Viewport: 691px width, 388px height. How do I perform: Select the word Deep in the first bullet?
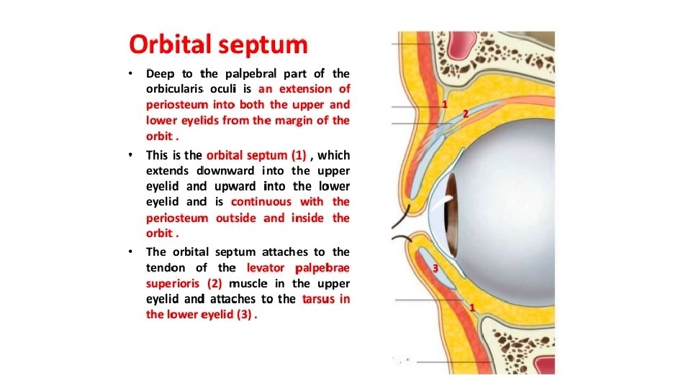pos(161,73)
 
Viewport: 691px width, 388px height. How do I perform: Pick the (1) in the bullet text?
pos(297,154)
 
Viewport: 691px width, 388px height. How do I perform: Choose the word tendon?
pos(166,268)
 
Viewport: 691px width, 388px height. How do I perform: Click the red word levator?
pos(266,268)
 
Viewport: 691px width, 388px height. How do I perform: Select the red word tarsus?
pos(317,299)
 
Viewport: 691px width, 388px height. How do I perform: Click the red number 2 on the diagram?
pos(465,114)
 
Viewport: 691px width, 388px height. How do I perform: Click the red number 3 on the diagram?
pos(435,269)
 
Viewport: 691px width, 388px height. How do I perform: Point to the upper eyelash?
pos(405,211)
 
